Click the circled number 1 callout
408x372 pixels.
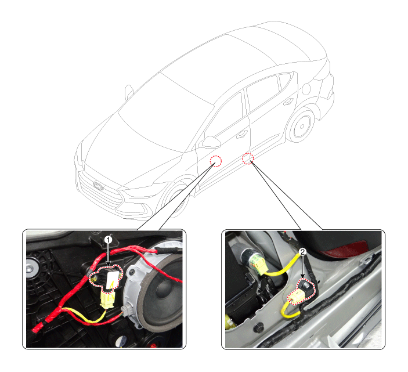109,240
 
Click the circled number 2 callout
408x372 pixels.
302,251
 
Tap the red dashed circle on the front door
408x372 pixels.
216,161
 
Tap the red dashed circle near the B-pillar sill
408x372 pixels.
248,158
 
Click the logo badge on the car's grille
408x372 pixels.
98,185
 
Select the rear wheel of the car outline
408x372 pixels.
302,126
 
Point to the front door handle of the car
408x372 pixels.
242,134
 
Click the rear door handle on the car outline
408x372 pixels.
287,102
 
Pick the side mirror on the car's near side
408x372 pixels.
211,142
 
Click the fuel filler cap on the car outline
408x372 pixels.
306,89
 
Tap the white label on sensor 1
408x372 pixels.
112,280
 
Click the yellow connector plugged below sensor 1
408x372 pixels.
107,299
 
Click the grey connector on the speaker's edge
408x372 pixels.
125,311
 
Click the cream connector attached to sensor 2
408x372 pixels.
296,298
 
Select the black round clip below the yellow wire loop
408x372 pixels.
259,328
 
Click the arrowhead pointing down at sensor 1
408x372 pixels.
109,265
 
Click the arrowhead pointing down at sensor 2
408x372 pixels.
302,276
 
